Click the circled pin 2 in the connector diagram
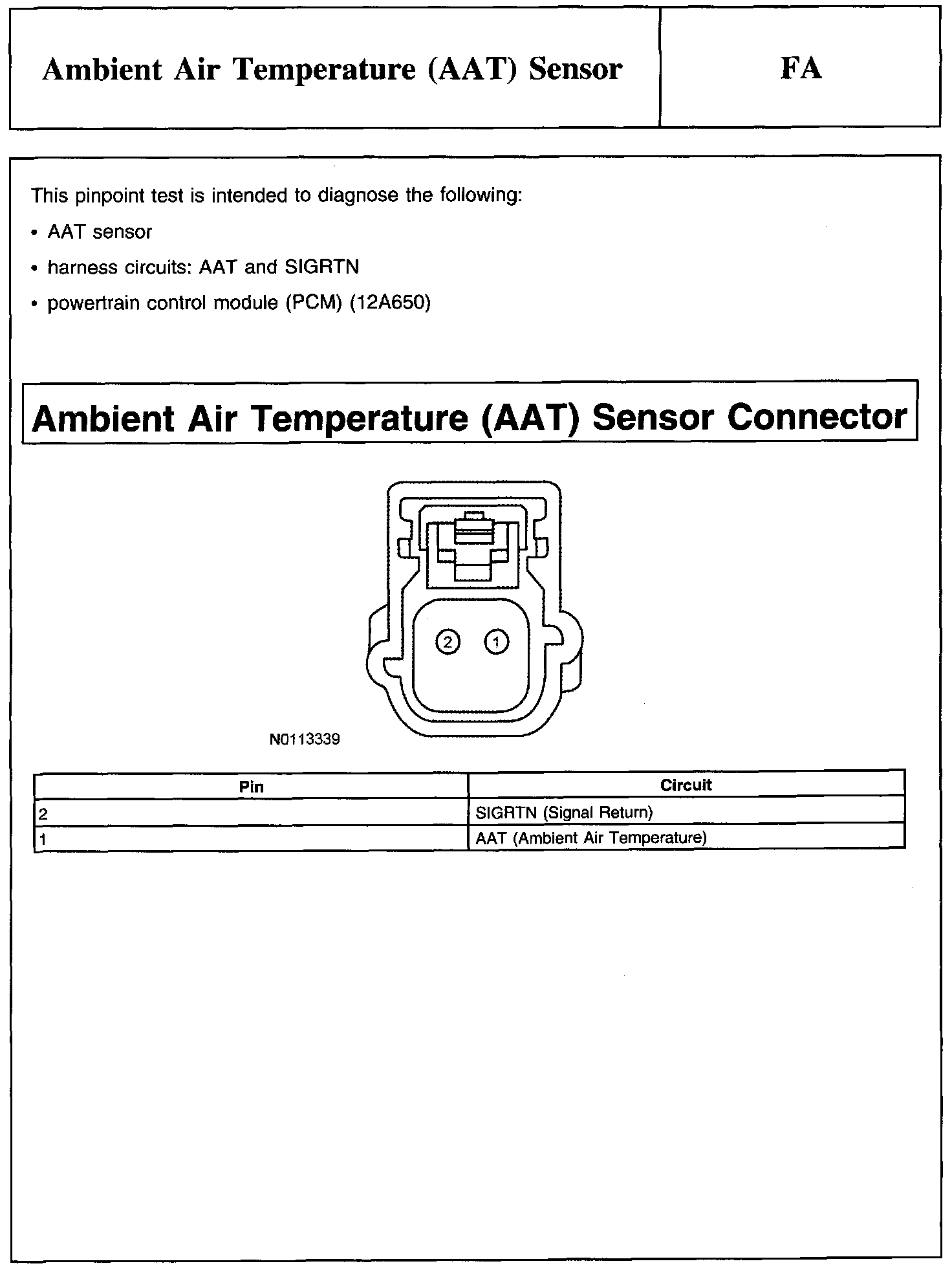coord(448,642)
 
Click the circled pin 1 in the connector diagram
coord(496,642)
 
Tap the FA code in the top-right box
coord(801,69)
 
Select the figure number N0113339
coord(305,739)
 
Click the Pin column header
coord(251,787)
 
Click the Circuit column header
coord(686,785)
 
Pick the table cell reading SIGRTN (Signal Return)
coord(564,812)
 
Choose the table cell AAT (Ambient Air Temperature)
coord(590,838)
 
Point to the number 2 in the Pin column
coord(43,814)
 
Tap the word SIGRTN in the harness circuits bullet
coord(321,267)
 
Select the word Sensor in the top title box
coord(575,69)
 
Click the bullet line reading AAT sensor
coord(100,232)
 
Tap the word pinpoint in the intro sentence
coord(113,195)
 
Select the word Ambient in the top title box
coord(102,69)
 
